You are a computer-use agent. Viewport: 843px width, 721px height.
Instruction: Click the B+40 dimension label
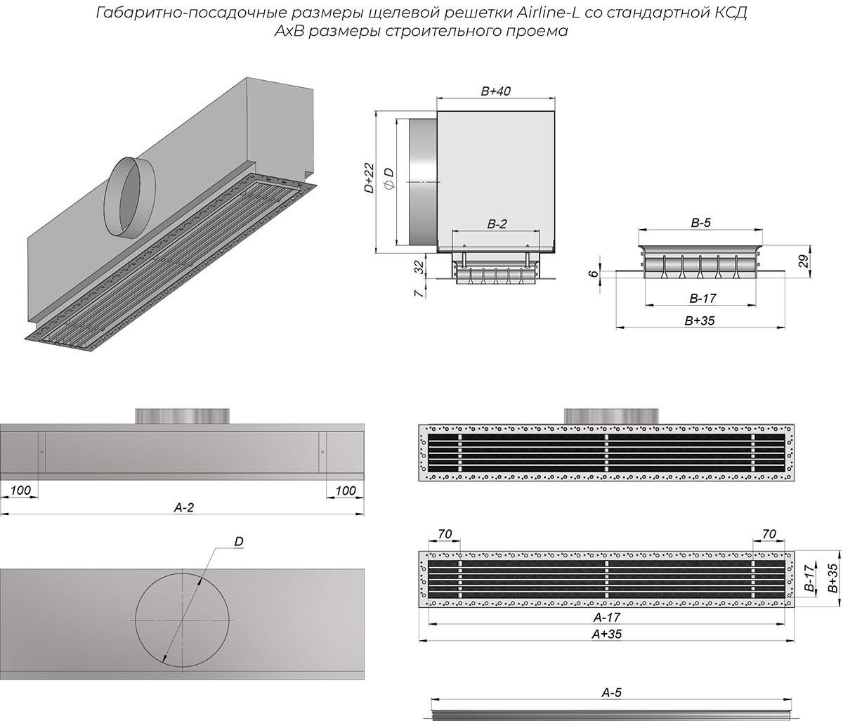pos(495,91)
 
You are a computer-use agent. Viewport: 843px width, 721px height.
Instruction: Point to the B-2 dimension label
pos(497,225)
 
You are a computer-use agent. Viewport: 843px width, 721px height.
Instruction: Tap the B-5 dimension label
pos(700,223)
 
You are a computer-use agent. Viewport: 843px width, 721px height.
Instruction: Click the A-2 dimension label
pos(183,507)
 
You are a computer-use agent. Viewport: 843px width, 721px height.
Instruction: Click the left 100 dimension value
pos(20,490)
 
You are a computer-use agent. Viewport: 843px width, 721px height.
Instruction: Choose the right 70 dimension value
pos(769,535)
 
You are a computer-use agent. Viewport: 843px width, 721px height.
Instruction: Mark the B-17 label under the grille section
pos(700,299)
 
